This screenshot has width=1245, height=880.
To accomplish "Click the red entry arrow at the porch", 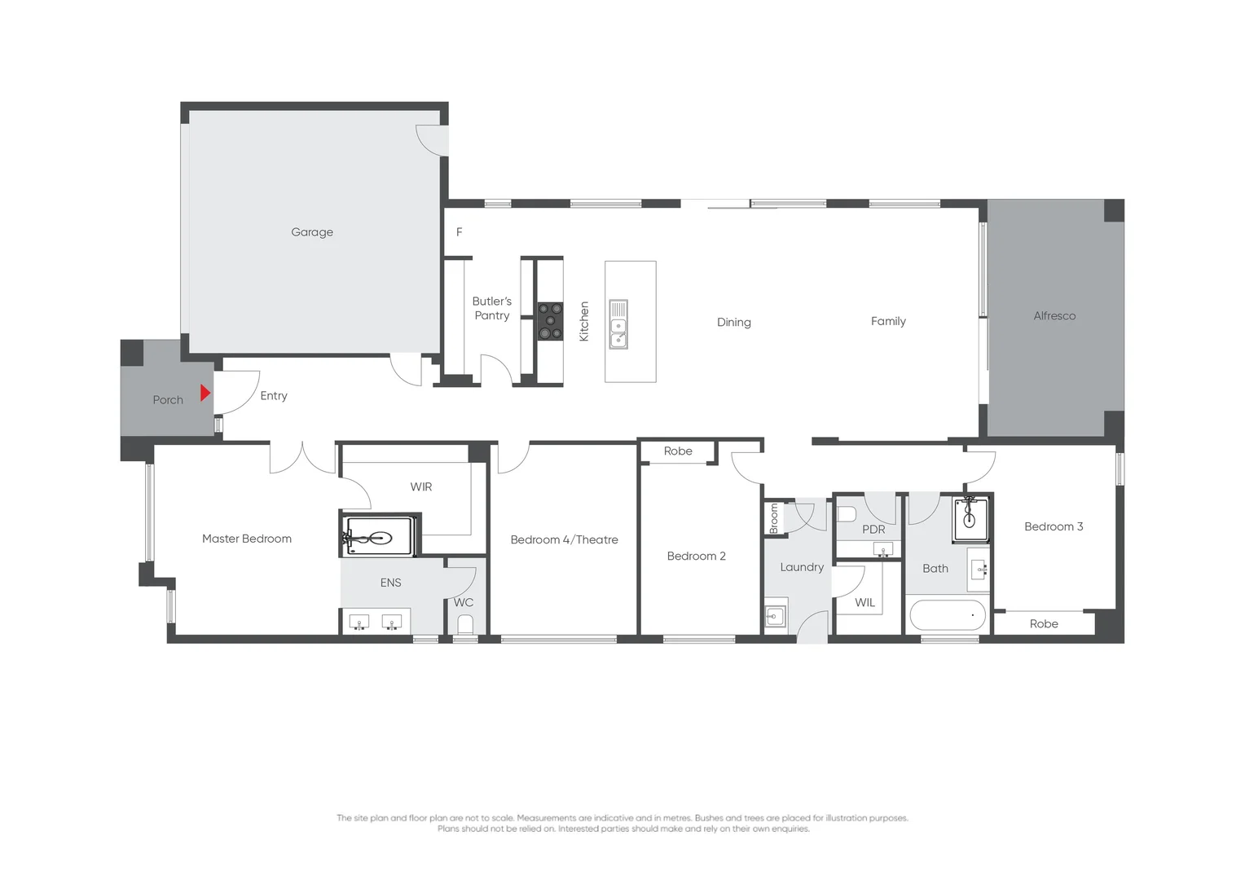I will pyautogui.click(x=205, y=393).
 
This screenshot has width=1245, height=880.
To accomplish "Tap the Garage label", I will pyautogui.click(x=312, y=232).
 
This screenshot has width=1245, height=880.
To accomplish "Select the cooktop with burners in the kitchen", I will pyautogui.click(x=550, y=321).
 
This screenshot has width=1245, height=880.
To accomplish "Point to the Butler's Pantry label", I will pyautogui.click(x=492, y=308).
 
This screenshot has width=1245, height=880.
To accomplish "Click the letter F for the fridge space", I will pyautogui.click(x=460, y=232).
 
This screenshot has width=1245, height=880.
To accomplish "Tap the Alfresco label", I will pyautogui.click(x=1054, y=316).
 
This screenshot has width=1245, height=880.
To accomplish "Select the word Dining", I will pyautogui.click(x=733, y=323).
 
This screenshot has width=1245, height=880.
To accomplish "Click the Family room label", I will pyautogui.click(x=888, y=321).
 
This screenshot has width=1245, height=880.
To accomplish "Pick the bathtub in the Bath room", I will pyautogui.click(x=948, y=615).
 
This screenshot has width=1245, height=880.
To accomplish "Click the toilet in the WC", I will pyautogui.click(x=465, y=625).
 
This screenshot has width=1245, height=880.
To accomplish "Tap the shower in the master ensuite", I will pyautogui.click(x=379, y=537).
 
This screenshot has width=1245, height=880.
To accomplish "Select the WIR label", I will pyautogui.click(x=421, y=487).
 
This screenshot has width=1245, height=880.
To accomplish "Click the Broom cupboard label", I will pyautogui.click(x=774, y=519).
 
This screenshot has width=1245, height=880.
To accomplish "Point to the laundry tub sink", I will pyautogui.click(x=775, y=616).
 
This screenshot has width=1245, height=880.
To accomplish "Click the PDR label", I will pyautogui.click(x=873, y=530).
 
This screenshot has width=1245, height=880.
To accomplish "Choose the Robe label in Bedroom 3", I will pyautogui.click(x=1044, y=624).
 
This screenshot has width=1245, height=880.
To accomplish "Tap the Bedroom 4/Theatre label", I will pyautogui.click(x=564, y=540).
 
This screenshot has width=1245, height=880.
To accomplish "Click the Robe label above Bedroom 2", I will pyautogui.click(x=678, y=451).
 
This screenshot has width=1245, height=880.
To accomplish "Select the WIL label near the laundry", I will pyautogui.click(x=864, y=603).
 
